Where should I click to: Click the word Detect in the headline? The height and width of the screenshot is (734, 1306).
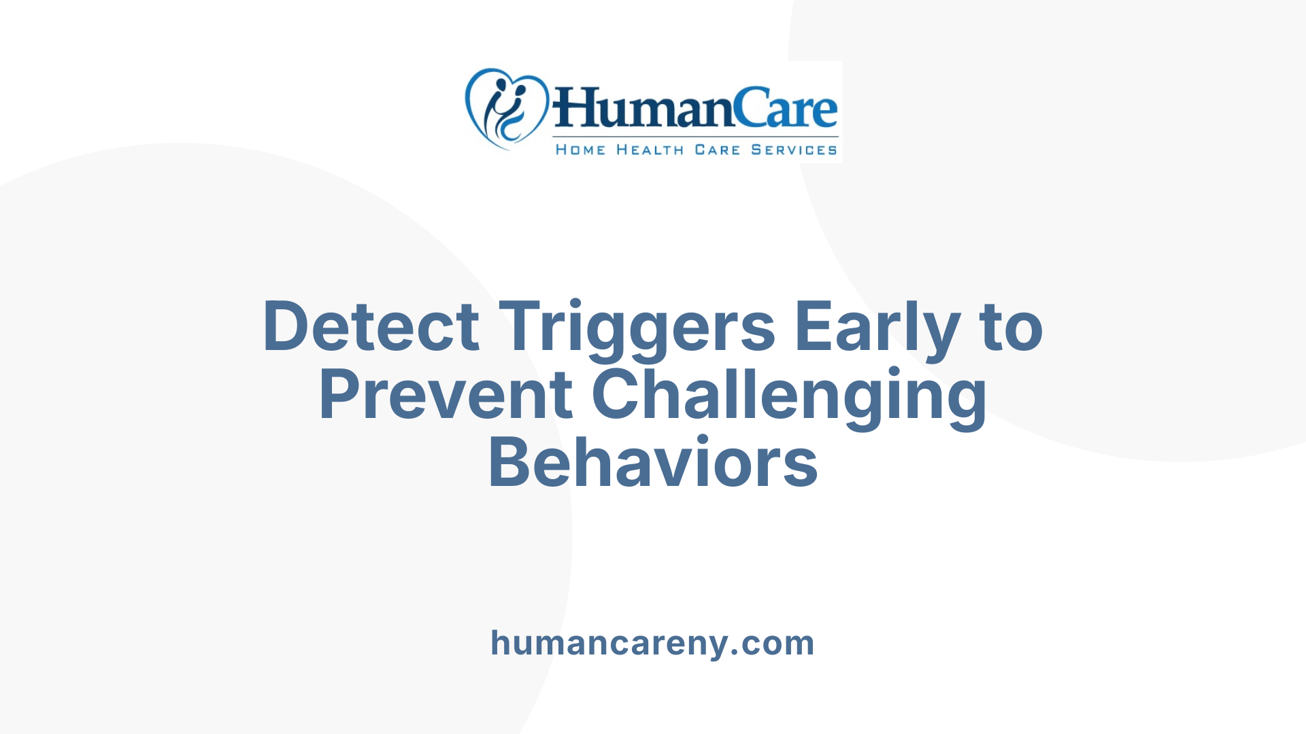tap(371, 327)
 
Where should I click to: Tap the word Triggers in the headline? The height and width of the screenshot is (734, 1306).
tap(637, 327)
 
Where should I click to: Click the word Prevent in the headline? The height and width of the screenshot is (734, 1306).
tap(446, 395)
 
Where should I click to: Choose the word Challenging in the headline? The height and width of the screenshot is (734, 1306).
tap(789, 395)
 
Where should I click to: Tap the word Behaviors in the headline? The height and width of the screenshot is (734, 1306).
tap(653, 463)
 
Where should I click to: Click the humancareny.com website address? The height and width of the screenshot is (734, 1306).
tap(652, 643)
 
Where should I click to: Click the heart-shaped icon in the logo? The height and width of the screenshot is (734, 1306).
tap(506, 108)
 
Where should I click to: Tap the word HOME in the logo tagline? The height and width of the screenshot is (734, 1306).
tap(580, 150)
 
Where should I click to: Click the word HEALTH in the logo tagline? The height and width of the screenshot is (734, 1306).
tap(650, 150)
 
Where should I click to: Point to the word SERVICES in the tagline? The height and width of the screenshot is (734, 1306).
tap(794, 150)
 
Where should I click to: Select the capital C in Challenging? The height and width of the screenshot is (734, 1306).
tap(616, 395)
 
